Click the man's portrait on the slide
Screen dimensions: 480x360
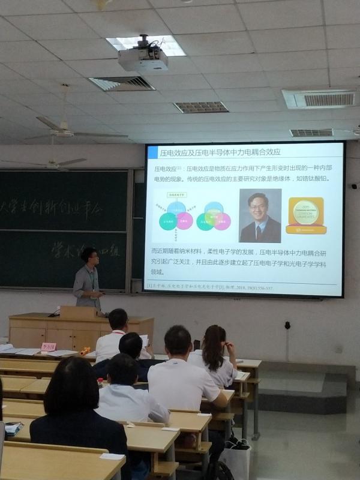(x=260, y=215)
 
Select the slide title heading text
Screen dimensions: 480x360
(x=221, y=151)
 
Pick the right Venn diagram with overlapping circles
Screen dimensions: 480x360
(x=214, y=216)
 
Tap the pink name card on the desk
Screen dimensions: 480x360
(x=49, y=346)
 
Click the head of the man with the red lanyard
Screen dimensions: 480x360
(x=118, y=320)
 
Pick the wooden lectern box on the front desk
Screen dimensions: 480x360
(x=79, y=313)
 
